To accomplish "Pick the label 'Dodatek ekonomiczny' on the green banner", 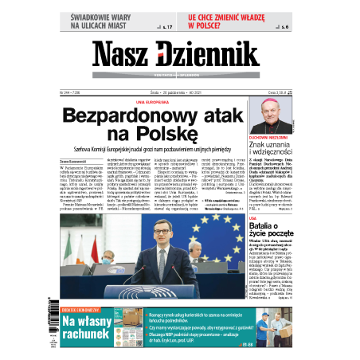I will [x=79, y=310].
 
